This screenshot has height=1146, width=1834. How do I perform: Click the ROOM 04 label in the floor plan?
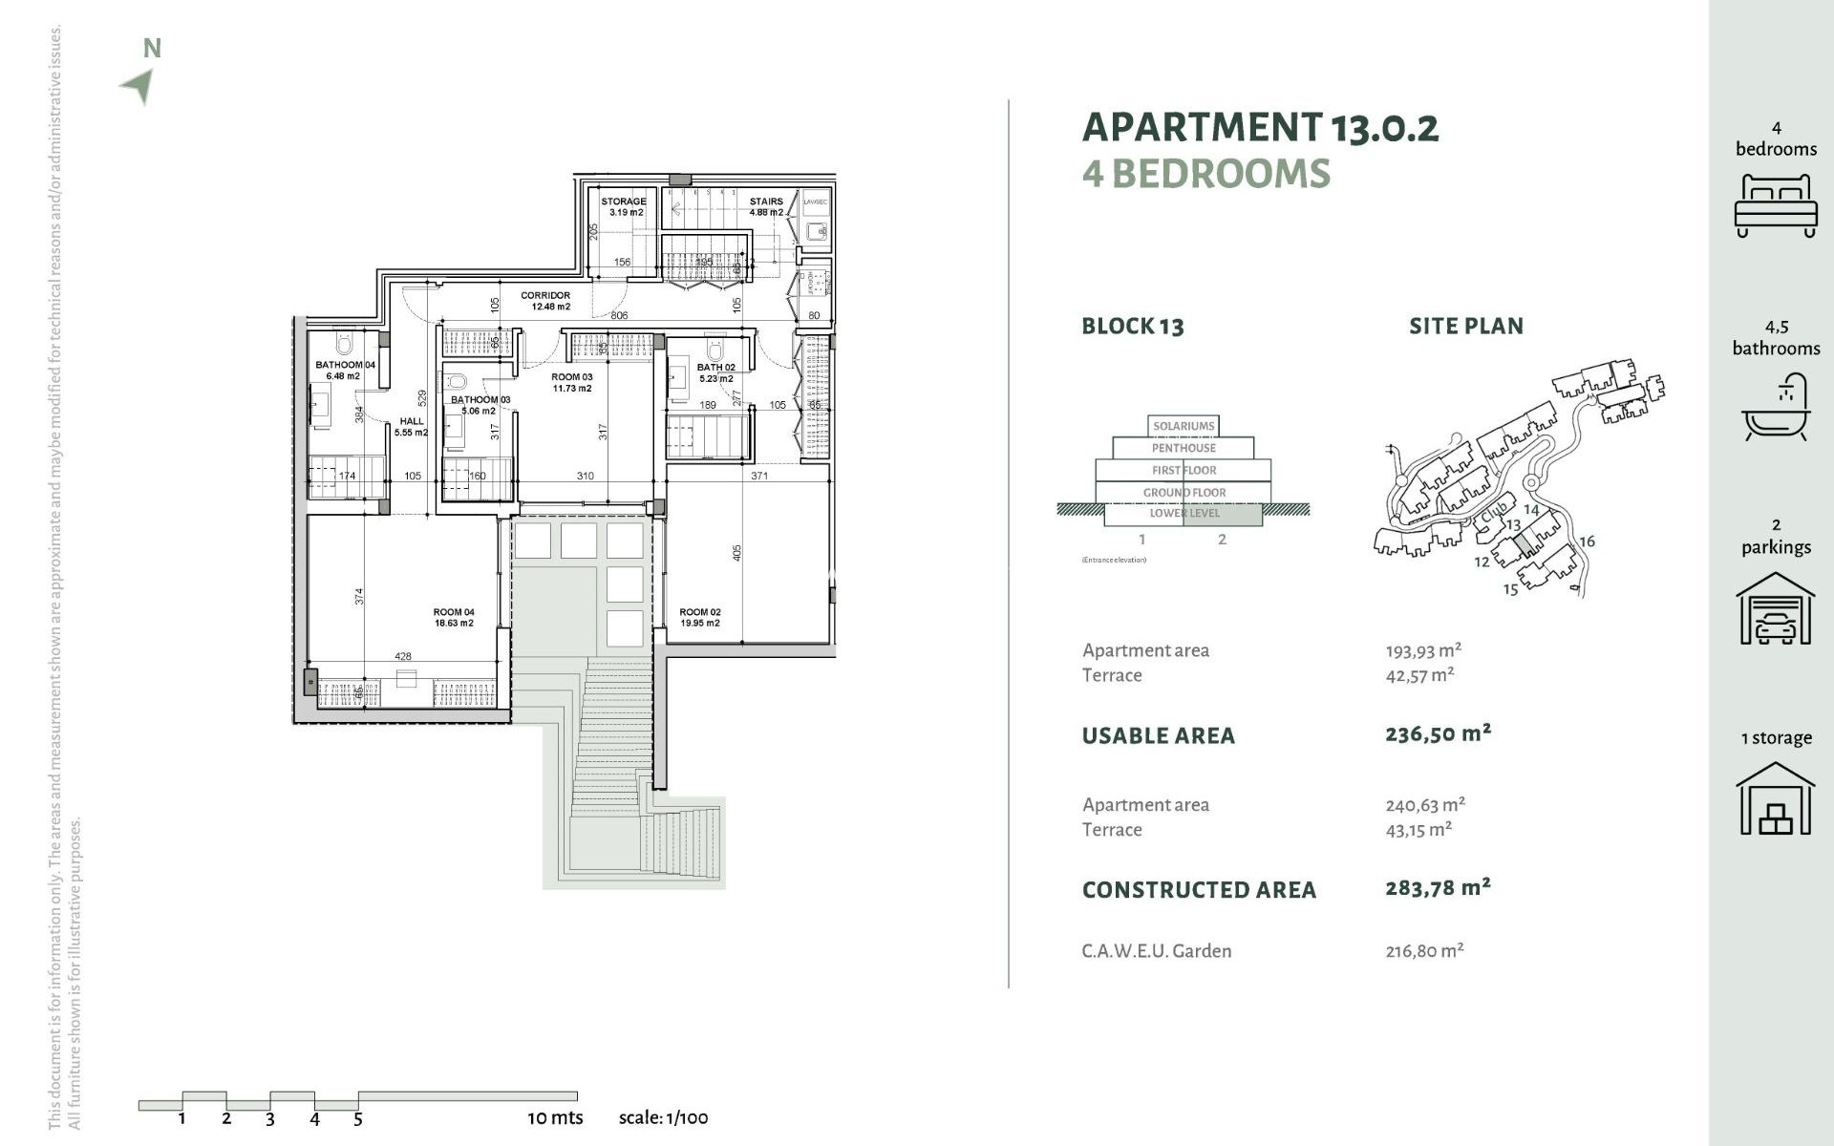tap(454, 618)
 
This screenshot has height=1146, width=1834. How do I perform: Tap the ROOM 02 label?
tap(699, 618)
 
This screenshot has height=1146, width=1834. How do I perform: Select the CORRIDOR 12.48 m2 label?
tap(545, 301)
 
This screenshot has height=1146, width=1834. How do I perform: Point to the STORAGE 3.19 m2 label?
tap(624, 206)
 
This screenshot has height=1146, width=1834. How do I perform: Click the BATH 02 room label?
tap(715, 372)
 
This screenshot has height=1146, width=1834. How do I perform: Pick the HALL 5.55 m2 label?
tap(412, 427)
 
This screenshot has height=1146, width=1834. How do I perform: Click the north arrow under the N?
tap(139, 86)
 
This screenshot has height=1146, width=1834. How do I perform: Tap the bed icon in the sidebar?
tap(1775, 205)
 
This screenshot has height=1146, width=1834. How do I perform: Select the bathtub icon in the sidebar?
tap(1776, 408)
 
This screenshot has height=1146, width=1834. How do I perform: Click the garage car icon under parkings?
tap(1775, 609)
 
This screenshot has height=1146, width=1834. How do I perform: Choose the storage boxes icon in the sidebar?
tap(1775, 799)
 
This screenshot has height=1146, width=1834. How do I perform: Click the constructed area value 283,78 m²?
tap(1438, 888)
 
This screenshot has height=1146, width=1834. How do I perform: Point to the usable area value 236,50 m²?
tap(1438, 733)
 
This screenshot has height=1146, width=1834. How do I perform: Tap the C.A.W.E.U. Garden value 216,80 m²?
tap(1424, 951)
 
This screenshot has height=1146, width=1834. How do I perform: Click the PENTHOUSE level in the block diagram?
tap(1184, 448)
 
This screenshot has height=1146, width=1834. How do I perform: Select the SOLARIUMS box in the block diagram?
tap(1184, 426)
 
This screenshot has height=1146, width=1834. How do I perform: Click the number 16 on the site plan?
tap(1587, 541)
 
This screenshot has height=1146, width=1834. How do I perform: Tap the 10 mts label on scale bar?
tap(555, 1117)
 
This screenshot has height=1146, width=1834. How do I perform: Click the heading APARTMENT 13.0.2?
tap(1259, 127)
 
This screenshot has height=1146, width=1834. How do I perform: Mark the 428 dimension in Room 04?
tap(403, 657)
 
